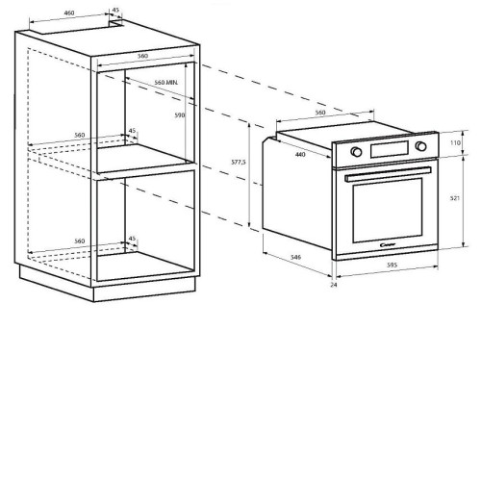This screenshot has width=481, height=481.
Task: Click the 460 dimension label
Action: pos(69,13)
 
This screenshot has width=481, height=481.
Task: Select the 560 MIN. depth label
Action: pos(166,83)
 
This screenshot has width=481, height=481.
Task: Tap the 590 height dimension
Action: pos(180,115)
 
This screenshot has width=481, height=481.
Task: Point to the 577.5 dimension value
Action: pos(239,163)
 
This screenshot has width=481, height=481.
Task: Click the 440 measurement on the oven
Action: pos(300,155)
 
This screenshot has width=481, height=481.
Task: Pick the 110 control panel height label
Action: pos(455,142)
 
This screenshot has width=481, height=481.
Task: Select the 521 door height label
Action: pos(455,198)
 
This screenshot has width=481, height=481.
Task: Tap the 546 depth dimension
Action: pos(295,257)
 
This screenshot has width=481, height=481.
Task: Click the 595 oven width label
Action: pos(392,265)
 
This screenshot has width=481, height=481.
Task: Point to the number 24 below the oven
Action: pos(334,285)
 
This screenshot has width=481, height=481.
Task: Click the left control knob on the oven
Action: pos(356,152)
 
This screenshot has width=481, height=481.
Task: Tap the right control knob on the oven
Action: pos(420,146)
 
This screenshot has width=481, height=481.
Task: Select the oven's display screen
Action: pos(390,149)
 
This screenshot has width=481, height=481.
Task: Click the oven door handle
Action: pos(388,174)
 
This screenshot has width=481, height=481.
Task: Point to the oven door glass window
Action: pos(388,210)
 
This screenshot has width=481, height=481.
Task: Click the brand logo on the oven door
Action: pos(388,245)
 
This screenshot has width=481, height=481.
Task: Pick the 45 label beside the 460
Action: pos(115,10)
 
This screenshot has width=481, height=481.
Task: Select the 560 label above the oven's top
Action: pos(320,113)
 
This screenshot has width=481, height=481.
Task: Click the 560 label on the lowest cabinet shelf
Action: pos(80,241)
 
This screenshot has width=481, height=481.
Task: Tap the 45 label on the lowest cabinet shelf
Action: pos(132,239)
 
